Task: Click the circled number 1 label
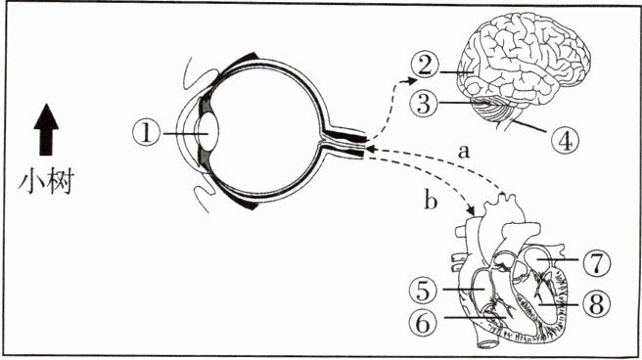point(147,133)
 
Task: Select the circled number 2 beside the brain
point(425,66)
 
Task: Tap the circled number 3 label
point(424,103)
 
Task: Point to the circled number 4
point(566,140)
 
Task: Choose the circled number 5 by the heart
point(424,291)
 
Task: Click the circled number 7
point(597,262)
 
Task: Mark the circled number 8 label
point(597,304)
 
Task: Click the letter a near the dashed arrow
point(463,152)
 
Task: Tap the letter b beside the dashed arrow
point(431,201)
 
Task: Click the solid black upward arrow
point(46,130)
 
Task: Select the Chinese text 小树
point(46,182)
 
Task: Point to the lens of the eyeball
point(208,131)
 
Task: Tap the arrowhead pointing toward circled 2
point(411,81)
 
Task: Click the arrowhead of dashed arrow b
point(471,210)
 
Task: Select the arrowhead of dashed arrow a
point(370,149)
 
